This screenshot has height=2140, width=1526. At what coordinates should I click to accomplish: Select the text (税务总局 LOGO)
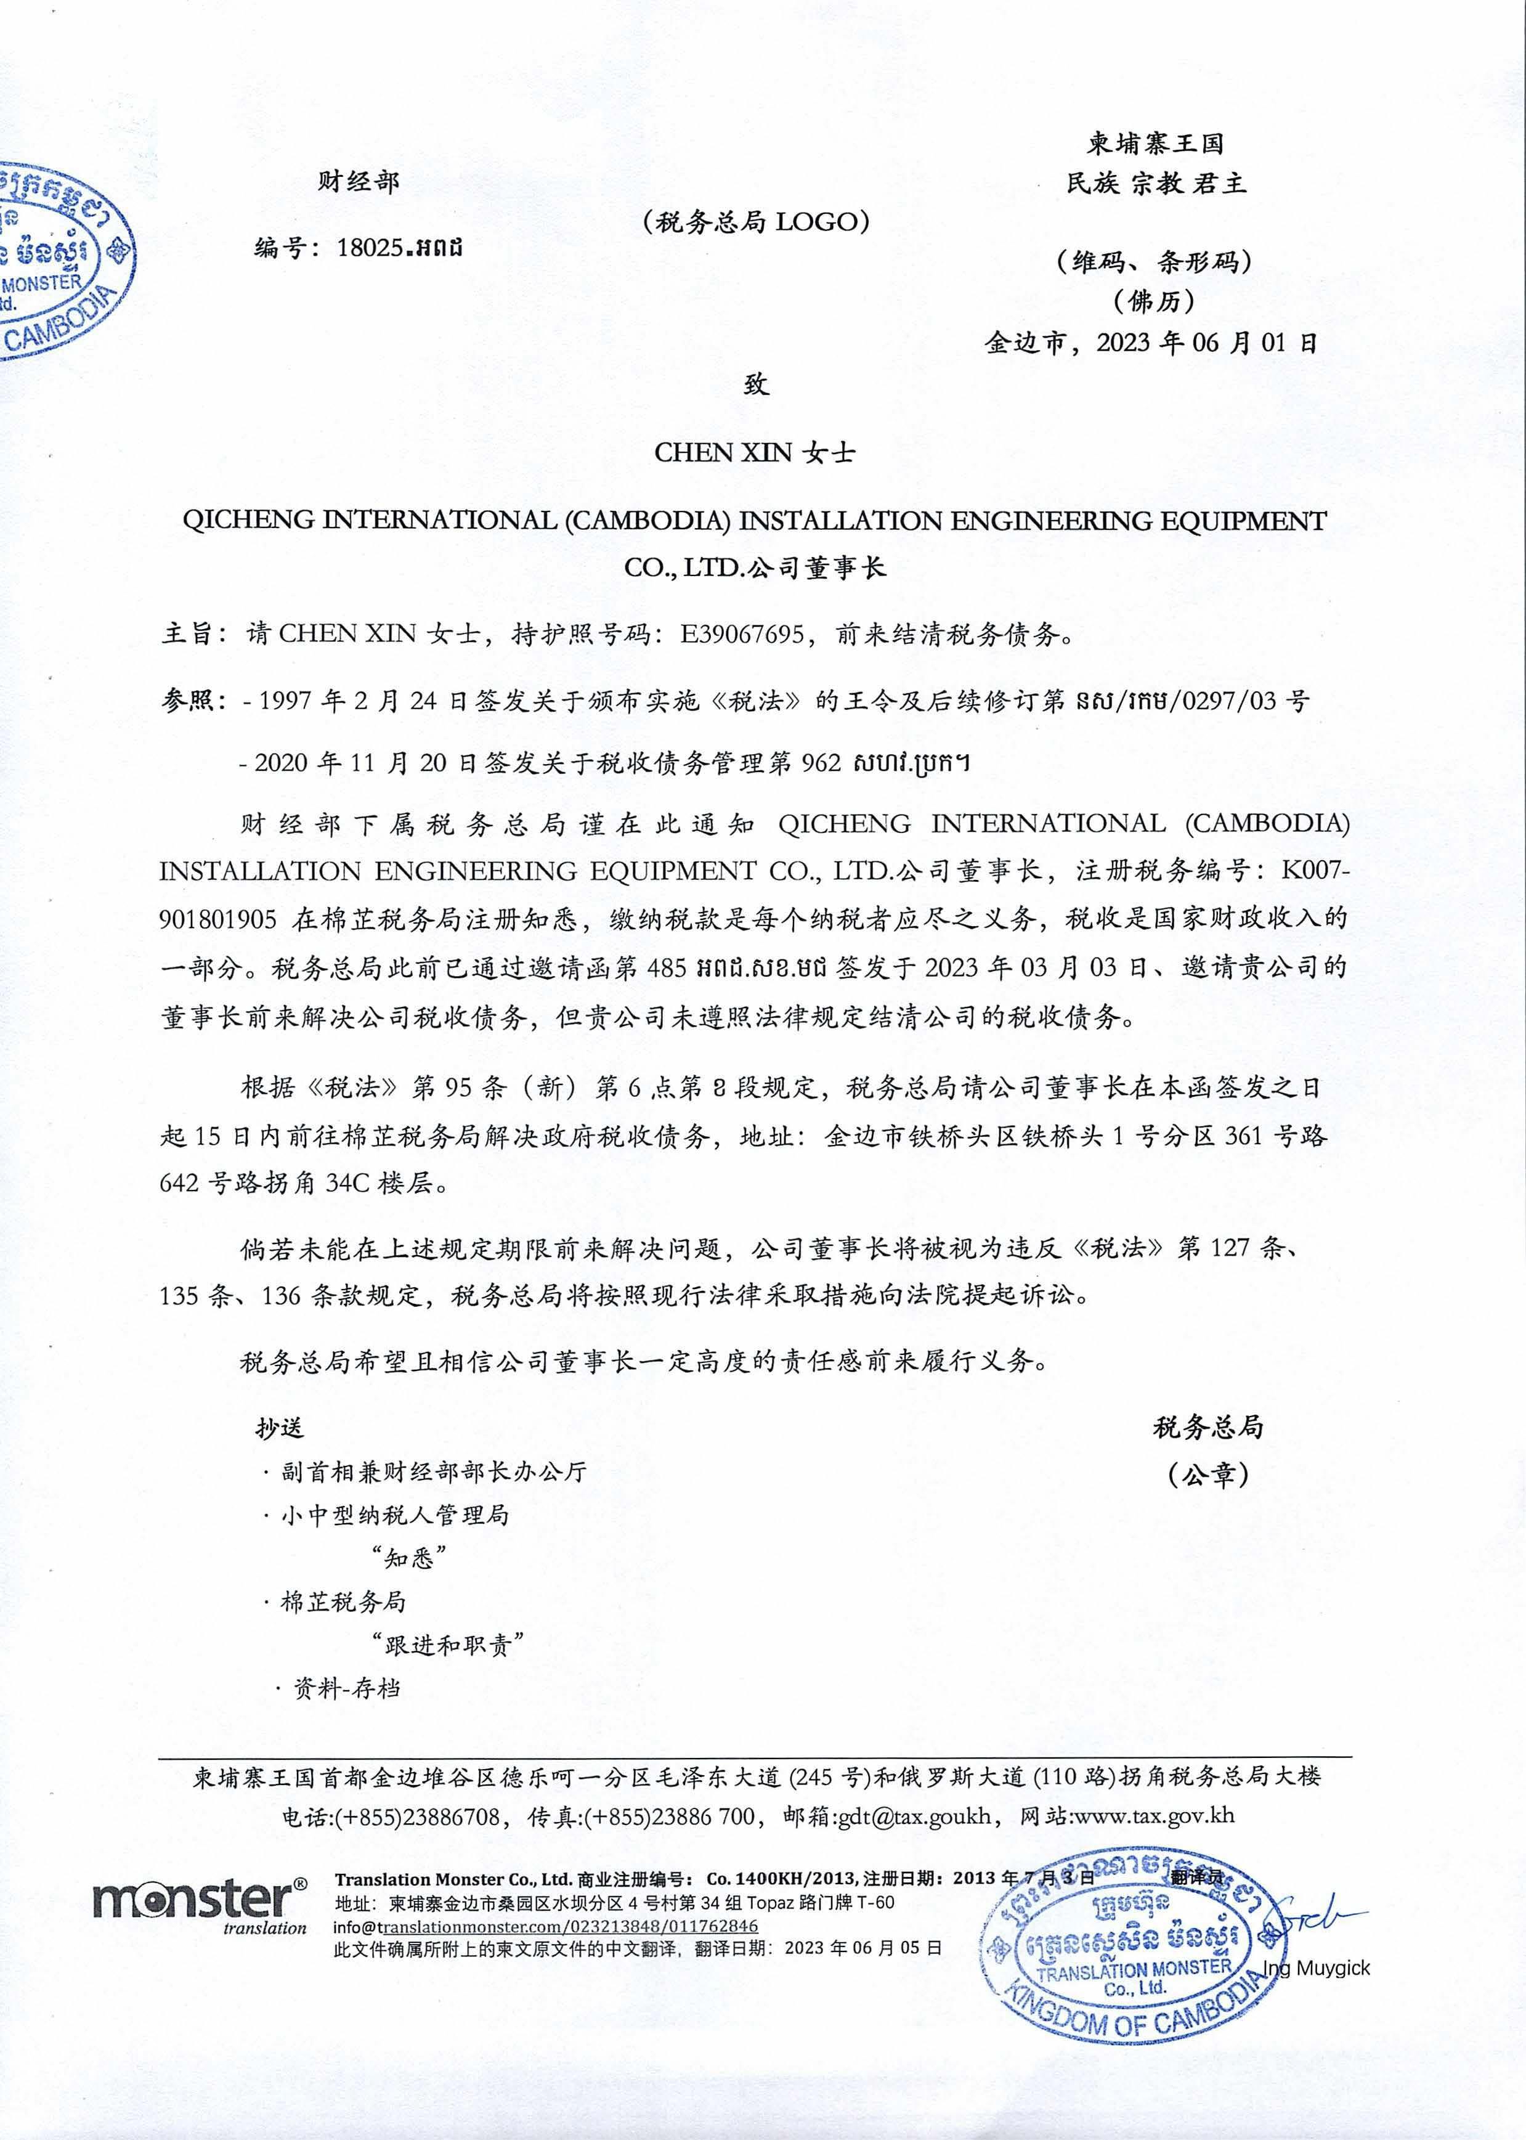[757, 222]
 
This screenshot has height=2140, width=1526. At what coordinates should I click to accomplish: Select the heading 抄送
[280, 1428]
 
